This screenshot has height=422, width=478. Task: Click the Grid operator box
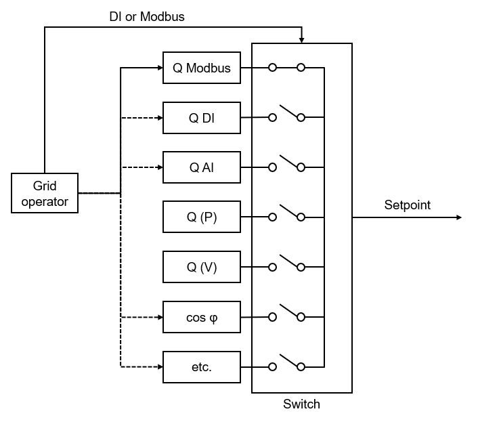(x=45, y=193)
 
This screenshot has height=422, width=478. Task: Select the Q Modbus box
(x=202, y=68)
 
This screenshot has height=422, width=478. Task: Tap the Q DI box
(x=202, y=117)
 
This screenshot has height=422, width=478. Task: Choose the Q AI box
(x=202, y=167)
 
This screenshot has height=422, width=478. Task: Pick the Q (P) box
(x=202, y=217)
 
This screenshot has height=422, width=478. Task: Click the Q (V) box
(x=202, y=267)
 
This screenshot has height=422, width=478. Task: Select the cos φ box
(x=202, y=317)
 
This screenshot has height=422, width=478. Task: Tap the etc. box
(x=202, y=367)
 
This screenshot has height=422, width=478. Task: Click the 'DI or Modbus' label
(x=147, y=16)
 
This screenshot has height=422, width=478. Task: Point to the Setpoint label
(x=407, y=205)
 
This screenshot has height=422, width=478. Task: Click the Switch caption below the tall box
(x=301, y=404)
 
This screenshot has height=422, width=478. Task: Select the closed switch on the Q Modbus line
(x=286, y=68)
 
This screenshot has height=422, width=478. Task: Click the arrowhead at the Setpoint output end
(x=458, y=217)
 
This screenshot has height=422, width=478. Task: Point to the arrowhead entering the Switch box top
(x=301, y=39)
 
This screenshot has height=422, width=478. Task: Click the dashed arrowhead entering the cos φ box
(x=159, y=317)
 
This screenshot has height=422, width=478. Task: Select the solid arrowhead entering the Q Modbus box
(x=159, y=68)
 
